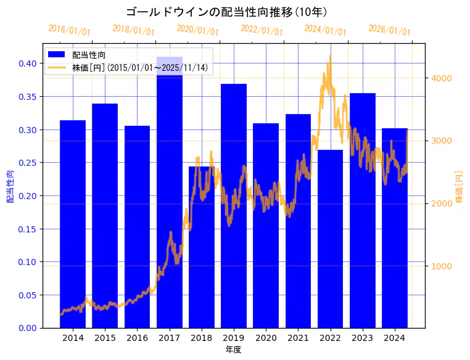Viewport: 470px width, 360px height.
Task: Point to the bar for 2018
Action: tap(202, 247)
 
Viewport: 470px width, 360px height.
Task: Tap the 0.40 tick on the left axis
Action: tap(27, 63)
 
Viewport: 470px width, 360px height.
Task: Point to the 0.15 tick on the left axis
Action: tap(27, 229)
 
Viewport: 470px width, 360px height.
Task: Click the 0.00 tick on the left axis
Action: tap(27, 328)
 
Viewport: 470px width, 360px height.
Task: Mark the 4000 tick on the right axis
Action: tap(442, 78)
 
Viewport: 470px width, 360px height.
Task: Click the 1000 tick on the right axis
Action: tap(442, 266)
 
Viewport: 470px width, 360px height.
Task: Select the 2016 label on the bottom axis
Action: tap(137, 338)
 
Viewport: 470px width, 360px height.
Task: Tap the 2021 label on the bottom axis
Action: tap(298, 338)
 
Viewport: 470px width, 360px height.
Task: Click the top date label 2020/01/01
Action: tap(197, 30)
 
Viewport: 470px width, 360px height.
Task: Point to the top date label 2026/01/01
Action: tap(389, 30)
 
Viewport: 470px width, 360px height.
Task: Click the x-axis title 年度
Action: tap(233, 350)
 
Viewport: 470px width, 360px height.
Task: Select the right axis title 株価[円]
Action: tap(459, 187)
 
